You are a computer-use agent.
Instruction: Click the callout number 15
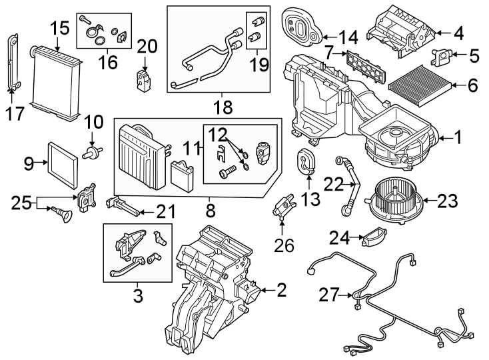[59, 28]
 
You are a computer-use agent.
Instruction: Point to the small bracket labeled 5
[441, 59]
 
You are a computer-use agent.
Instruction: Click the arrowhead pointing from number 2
[261, 289]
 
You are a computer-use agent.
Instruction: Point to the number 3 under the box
[139, 294]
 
